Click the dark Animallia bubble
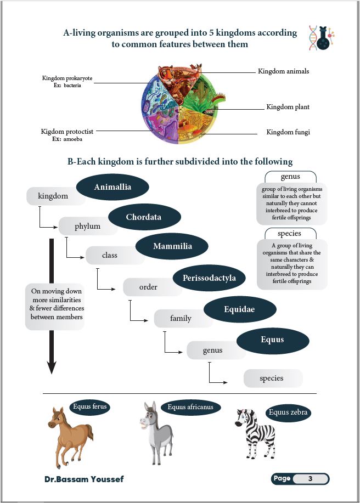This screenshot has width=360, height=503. [113, 188]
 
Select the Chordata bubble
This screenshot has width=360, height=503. [143, 217]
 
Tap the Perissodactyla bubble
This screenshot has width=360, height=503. [209, 278]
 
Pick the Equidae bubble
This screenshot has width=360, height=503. [239, 310]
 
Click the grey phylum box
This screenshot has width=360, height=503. [88, 226]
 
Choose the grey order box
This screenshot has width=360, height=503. [148, 287]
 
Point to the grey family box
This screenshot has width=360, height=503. [181, 318]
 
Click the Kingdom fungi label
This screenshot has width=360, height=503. [288, 132]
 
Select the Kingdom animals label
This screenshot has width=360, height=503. [283, 71]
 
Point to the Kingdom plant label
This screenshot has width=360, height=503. [288, 107]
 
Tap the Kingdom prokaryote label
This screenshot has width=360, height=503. [67, 79]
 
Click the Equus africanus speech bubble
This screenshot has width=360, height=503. [191, 407]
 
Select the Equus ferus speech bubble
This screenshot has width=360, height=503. [90, 407]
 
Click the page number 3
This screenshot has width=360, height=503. [310, 479]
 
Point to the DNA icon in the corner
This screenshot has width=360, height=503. [321, 38]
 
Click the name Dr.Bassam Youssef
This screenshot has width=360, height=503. [84, 479]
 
